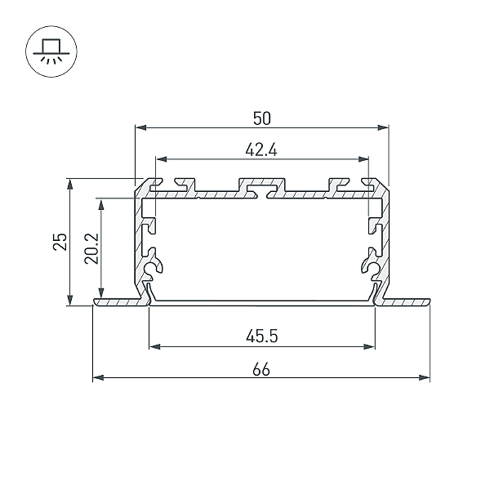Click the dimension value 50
261,118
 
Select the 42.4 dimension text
261,150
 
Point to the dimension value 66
261,370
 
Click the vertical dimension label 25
60,242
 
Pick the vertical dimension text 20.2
91,248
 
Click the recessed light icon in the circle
51,51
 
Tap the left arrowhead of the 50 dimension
141,127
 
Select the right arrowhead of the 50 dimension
383,127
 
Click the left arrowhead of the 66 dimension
99,378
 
